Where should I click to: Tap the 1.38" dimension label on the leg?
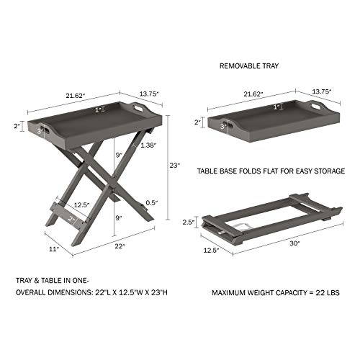(150, 145)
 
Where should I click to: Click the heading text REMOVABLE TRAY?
(250, 65)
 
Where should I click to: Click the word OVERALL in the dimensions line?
(34, 293)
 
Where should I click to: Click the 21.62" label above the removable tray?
(254, 93)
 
